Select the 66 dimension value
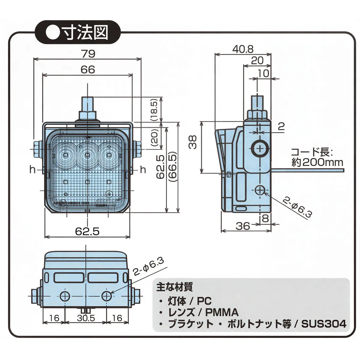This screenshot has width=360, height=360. pos(88,70)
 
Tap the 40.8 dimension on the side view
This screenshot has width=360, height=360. pos(243,49)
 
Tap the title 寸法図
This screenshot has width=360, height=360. pos(85,33)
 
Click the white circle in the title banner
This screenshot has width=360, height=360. pos(52,33)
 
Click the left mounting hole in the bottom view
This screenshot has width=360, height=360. pos(64,296)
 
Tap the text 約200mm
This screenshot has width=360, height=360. pos(317,162)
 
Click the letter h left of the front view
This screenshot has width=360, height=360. pos(33,170)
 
